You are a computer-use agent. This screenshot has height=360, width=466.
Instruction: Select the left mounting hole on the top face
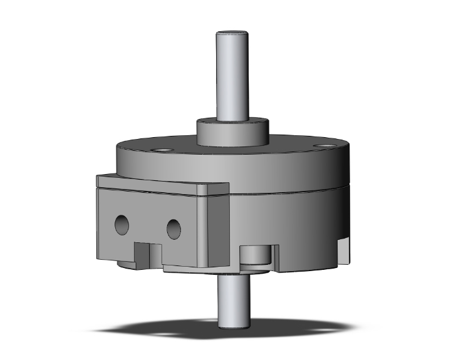tap(162, 150)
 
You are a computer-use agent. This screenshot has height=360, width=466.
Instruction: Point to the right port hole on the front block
tap(174, 229)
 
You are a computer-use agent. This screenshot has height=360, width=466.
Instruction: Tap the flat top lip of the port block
tap(157, 183)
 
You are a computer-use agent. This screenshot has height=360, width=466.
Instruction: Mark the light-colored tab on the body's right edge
tap(343, 250)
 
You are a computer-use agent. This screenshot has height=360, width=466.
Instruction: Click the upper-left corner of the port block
tap(98, 178)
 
